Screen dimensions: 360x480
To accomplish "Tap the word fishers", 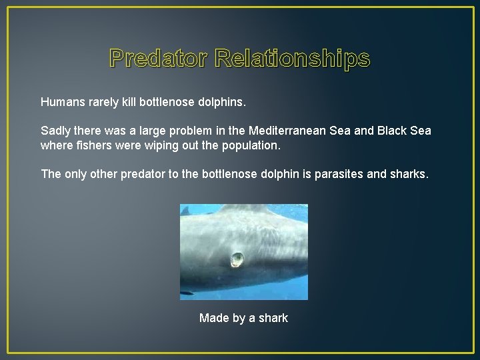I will pos(91,145).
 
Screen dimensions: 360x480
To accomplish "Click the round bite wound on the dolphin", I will pos(237,259).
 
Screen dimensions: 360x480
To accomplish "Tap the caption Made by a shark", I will pos(243,318).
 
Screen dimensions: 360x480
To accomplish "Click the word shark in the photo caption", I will pos(273,318).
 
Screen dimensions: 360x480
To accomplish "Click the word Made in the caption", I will pos(213,318).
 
